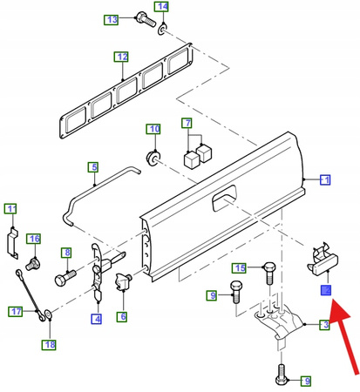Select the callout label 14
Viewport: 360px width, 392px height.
[162, 10]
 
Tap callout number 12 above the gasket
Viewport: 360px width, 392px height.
[122, 58]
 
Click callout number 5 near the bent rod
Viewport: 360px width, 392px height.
[93, 166]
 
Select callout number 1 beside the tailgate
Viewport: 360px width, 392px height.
[324, 180]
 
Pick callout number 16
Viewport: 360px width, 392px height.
[33, 238]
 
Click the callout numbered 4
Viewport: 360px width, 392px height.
[96, 319]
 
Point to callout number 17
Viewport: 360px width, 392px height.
[17, 311]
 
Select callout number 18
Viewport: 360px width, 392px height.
[50, 345]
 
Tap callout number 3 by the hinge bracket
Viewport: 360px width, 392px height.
[324, 326]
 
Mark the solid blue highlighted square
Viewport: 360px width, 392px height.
[327, 290]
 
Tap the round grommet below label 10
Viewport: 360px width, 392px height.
[154, 158]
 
